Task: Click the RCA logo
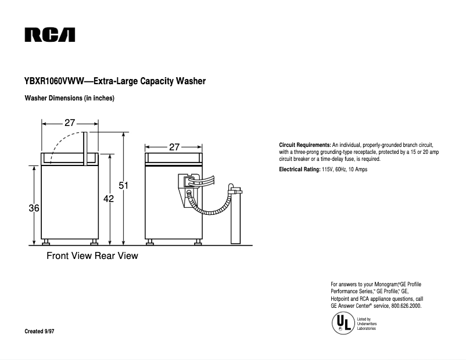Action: coord(49,35)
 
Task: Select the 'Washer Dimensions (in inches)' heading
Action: coord(69,98)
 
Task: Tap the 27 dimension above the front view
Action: coord(70,123)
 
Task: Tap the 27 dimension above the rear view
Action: coord(174,147)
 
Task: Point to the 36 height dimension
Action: coord(34,208)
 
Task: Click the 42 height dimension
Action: coord(108,199)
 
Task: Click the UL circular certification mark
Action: coord(342,323)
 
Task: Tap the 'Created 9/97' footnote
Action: coord(40,331)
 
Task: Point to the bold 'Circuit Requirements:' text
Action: coord(305,144)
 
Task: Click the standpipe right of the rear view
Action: coord(235,215)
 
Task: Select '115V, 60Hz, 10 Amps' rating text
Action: coord(345,170)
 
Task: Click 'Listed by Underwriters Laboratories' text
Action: coord(366,323)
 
